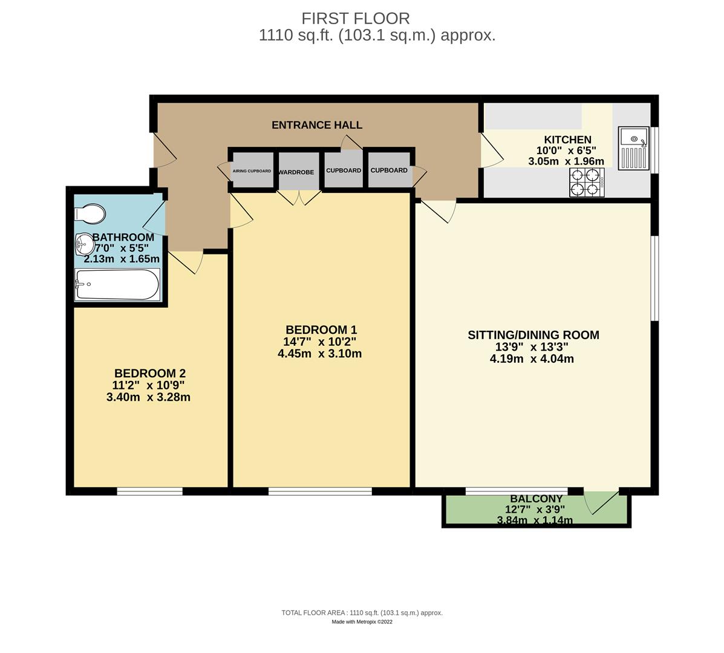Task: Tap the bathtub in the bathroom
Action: [x=117, y=285]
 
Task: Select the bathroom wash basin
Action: [x=84, y=245]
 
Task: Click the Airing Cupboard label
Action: [x=252, y=171]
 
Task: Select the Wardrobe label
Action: [x=296, y=172]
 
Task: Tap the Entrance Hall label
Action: [x=317, y=125]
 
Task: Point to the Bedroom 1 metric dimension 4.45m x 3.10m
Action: [x=319, y=354]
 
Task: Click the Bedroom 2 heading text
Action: [x=150, y=373]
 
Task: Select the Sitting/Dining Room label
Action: [x=533, y=335]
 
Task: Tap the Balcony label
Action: [x=536, y=499]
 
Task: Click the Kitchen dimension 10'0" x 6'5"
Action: [x=567, y=151]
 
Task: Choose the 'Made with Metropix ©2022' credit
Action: [x=362, y=622]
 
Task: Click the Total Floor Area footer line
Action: [x=362, y=612]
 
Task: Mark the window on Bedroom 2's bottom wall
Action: [x=149, y=492]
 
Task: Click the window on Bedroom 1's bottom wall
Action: [x=320, y=492]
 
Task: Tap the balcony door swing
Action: [x=602, y=501]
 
